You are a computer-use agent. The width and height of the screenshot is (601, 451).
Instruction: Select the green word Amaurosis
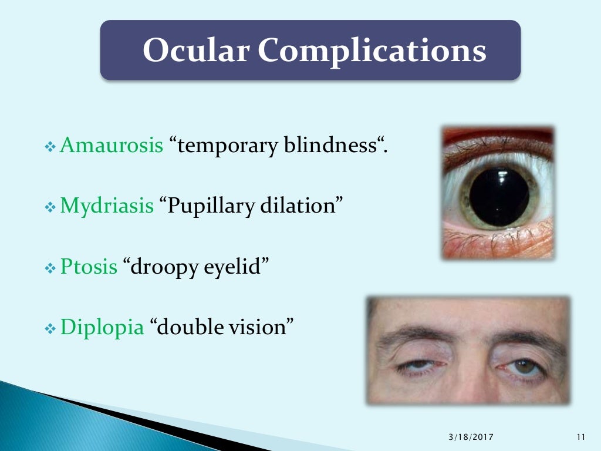[x=112, y=144]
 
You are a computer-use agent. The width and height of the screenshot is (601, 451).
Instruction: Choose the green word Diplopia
[x=102, y=327]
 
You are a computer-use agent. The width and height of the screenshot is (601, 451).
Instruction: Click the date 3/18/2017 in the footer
[x=471, y=437]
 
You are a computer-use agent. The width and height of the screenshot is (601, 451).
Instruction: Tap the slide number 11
[x=581, y=437]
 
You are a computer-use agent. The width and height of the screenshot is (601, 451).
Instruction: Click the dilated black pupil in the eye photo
[x=499, y=197]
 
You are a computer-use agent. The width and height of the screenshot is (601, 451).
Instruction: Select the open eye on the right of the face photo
[x=523, y=366]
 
